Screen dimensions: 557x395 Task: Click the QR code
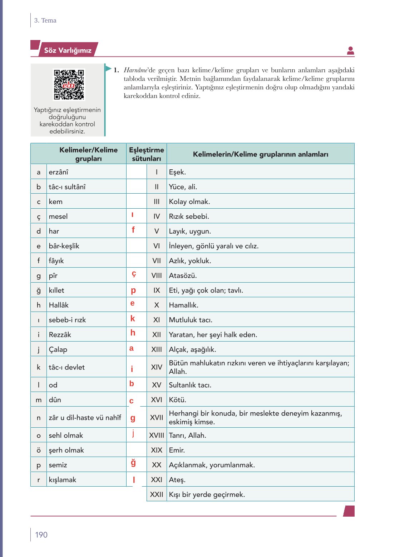pos(69,85)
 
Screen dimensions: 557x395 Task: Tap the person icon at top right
pos(350,51)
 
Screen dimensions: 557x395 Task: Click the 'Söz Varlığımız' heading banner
pos(68,50)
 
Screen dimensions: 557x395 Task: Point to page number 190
pos(41,534)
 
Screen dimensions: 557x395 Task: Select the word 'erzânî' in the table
pos(58,172)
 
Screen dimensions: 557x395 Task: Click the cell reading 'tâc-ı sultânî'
pos(67,187)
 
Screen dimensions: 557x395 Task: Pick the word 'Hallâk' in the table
pos(59,305)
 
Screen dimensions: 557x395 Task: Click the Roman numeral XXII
pos(157,494)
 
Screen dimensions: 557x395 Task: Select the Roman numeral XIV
pos(157,367)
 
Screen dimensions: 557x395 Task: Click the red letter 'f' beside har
pos(133,230)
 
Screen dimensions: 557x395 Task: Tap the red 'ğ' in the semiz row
pos(133,463)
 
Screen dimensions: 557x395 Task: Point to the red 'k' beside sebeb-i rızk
pos(133,319)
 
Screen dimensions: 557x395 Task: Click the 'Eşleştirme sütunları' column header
pos(146,154)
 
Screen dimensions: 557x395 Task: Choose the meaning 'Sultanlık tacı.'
pos(190,385)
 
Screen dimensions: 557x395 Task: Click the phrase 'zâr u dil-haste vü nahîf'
pos(85,417)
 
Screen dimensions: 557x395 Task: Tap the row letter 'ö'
pos(39,450)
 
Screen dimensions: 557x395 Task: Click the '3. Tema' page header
pos(45,20)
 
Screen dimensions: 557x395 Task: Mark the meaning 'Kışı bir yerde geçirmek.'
pos(207,494)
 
